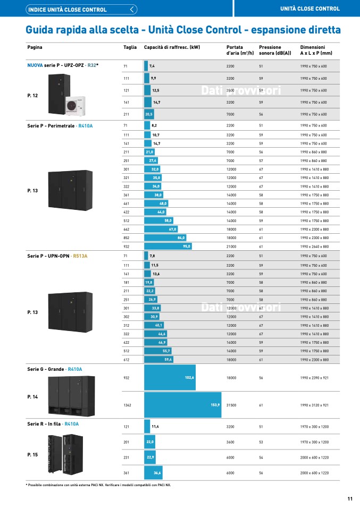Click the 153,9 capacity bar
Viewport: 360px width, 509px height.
[182, 405]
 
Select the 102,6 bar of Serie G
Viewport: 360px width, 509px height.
[170, 378]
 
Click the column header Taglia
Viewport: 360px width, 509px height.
[130, 47]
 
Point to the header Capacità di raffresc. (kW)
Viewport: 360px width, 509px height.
[172, 47]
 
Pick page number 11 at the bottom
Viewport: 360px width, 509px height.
[350, 498]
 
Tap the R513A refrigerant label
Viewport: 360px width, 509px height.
[80, 256]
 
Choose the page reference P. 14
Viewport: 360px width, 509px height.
[32, 397]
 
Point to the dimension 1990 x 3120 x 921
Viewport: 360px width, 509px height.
[314, 405]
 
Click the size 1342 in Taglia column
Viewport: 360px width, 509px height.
[127, 405]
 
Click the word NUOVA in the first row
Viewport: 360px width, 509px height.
[35, 65]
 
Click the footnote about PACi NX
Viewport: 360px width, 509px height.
[98, 485]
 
